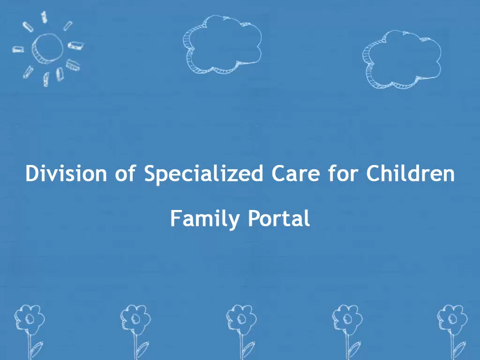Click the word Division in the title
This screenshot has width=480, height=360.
tap(66, 173)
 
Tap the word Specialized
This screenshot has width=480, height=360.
tap(203, 174)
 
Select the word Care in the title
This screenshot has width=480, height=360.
tap(295, 173)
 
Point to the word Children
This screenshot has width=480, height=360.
tap(410, 173)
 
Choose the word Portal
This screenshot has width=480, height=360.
tap(279, 218)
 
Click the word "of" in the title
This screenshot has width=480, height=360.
tap(125, 173)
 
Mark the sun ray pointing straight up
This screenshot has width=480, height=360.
tap(44, 17)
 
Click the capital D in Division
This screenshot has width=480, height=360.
tap(31, 173)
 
